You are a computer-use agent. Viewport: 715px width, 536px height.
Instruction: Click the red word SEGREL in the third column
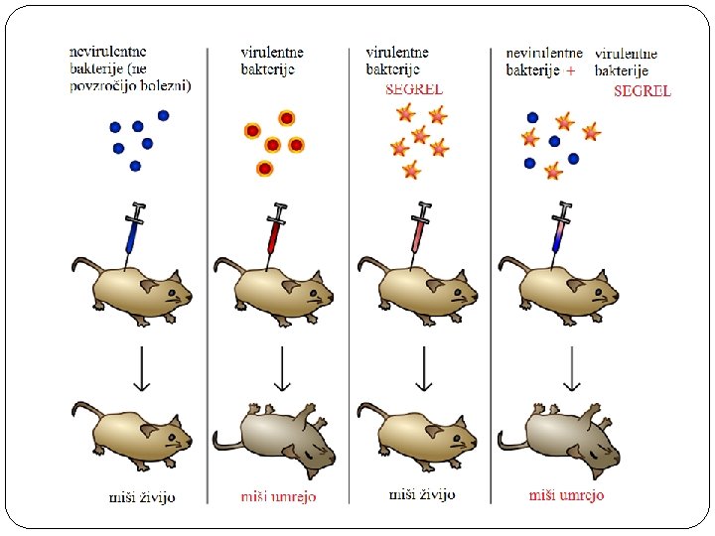[x=413, y=88]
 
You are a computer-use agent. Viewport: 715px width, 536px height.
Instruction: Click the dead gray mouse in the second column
[x=273, y=436]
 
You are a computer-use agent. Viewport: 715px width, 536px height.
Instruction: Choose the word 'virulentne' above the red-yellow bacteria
[x=272, y=52]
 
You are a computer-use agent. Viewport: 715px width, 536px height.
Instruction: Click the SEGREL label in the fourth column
[x=643, y=90]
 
